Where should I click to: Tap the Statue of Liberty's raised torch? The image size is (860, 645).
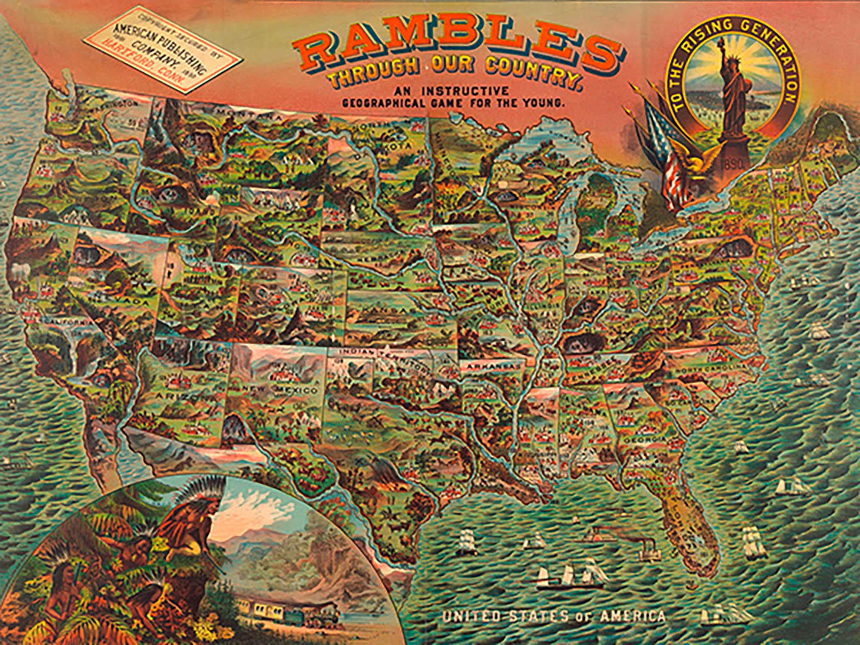click(728, 45)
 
